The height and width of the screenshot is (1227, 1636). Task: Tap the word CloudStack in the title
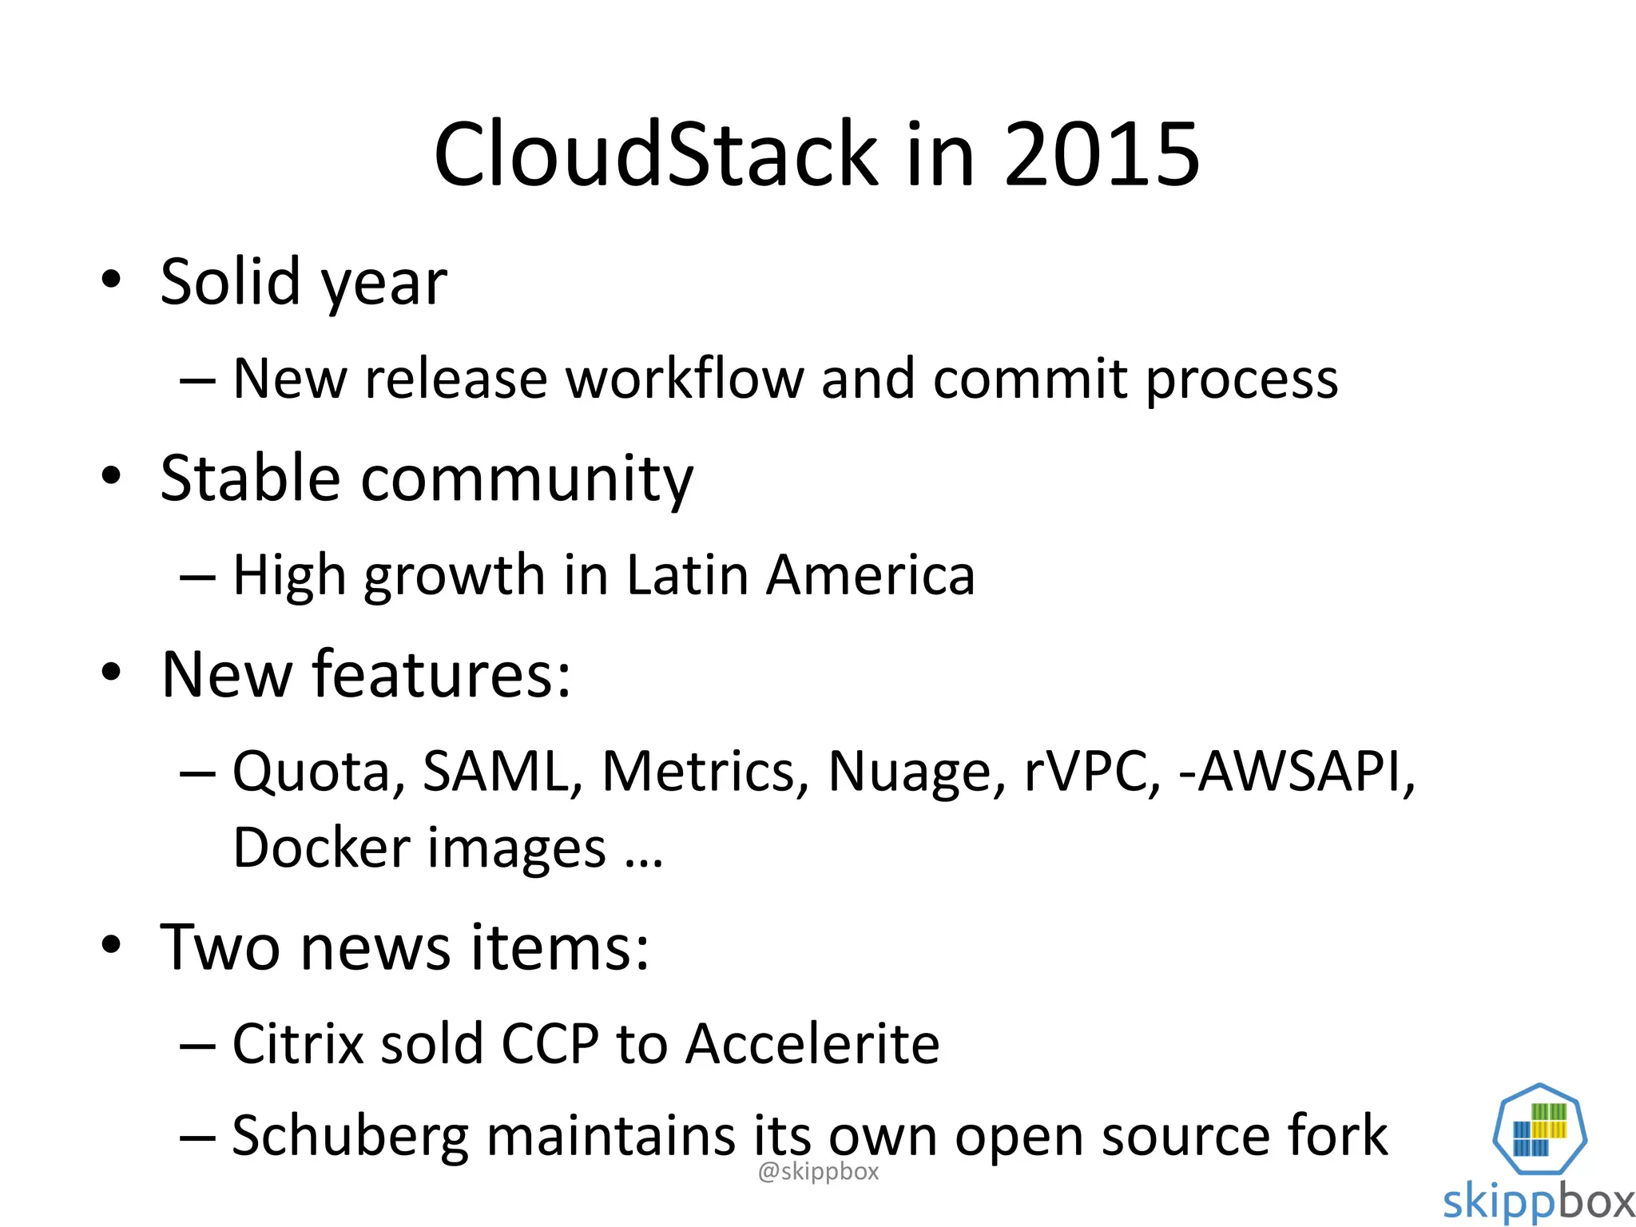[x=655, y=154]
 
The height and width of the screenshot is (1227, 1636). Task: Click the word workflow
[x=685, y=378]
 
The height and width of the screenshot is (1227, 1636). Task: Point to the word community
[x=527, y=478]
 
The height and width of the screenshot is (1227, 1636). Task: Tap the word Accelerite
[x=812, y=1043]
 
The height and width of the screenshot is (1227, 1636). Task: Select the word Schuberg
[x=350, y=1136]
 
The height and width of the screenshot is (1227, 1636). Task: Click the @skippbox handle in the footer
[x=818, y=1172]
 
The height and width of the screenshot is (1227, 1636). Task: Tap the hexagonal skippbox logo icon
[x=1539, y=1129]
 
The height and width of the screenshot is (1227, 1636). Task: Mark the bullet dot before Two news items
[x=111, y=945]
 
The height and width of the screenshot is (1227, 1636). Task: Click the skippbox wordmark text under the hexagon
[x=1539, y=1201]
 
